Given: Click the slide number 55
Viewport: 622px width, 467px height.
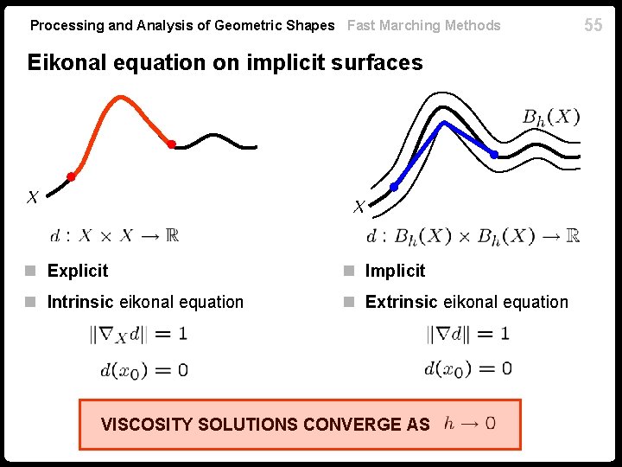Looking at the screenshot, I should [593, 25].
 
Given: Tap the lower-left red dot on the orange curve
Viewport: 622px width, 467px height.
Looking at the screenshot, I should [71, 176].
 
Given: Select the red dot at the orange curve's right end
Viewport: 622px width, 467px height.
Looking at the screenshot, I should [171, 144].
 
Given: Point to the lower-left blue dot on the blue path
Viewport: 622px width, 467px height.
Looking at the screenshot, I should [394, 187].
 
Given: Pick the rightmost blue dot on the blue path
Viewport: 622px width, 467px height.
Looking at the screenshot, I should [494, 155].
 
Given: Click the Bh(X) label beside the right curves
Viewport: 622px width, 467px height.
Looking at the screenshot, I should [551, 117].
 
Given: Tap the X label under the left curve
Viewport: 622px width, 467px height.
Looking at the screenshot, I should [32, 198].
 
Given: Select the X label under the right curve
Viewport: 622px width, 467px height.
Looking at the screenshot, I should [359, 207].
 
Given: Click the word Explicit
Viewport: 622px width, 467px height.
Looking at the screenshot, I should [78, 271].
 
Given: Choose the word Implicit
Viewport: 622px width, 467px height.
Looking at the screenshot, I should [395, 271].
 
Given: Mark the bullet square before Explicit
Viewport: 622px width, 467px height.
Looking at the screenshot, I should [31, 272].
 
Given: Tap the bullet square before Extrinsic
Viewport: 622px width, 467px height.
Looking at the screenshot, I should [349, 303].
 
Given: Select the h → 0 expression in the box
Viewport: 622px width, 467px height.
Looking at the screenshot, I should [470, 423].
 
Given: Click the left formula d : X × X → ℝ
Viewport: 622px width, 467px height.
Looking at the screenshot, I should [114, 235].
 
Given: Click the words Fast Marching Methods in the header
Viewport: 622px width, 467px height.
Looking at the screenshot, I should [423, 25].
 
